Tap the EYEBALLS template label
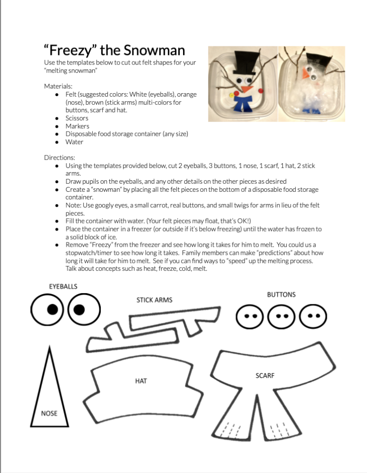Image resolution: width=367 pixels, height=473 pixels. pyautogui.click(x=63, y=286)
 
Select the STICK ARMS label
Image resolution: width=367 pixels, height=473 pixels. pyautogui.click(x=154, y=300)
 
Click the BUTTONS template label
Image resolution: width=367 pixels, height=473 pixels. pyautogui.click(x=281, y=295)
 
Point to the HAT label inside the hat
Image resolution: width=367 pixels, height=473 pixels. pyautogui.click(x=141, y=381)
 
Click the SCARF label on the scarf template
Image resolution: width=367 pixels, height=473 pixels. pyautogui.click(x=265, y=375)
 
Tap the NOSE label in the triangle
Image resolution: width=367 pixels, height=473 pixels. pyautogui.click(x=49, y=413)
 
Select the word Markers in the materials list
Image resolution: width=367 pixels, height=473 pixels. pyautogui.click(x=77, y=126)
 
